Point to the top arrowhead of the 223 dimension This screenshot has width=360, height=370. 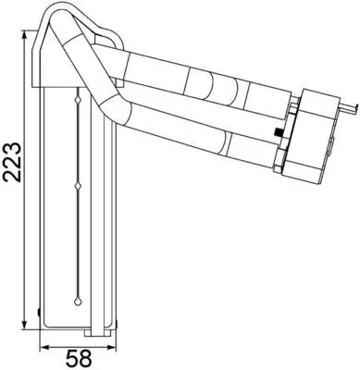[x=28, y=34]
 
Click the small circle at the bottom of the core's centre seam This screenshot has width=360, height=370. [x=76, y=302]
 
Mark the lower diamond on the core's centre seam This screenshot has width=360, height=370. [x=76, y=189]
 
